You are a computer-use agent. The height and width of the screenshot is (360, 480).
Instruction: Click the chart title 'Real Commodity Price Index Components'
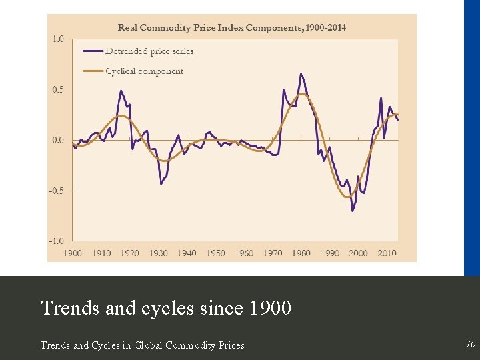pos(231,27)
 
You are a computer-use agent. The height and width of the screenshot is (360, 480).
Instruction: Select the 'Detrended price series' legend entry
pos(149,51)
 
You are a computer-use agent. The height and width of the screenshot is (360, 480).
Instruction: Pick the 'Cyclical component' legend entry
pos(144,71)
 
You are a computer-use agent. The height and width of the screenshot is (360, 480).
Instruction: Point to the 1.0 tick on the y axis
pos(58,39)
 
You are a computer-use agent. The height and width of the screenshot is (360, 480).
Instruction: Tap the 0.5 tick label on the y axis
pos(58,90)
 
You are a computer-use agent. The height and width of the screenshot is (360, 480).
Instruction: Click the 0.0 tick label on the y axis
pos(58,140)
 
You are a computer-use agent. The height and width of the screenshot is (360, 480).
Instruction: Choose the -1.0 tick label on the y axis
pos(57,241)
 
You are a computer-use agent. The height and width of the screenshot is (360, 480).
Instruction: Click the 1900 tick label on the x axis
pos(73,253)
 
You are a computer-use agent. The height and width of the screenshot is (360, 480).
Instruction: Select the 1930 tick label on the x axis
pos(158,253)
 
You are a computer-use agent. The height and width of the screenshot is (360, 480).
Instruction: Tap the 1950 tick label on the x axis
pos(215,253)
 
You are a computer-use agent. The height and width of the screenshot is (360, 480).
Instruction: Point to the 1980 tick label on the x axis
pos(301,253)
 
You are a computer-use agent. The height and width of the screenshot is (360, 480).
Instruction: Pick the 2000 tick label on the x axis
pos(358,253)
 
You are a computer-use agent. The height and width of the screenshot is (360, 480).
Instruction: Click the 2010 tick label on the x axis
pos(387,253)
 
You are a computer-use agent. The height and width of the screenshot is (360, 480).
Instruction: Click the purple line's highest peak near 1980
pos(301,73)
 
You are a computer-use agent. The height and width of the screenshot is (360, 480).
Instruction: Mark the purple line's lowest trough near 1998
pos(353,211)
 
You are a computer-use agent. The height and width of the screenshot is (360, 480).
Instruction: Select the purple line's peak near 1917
pos(121,91)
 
